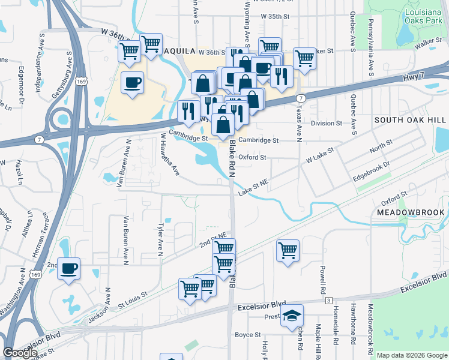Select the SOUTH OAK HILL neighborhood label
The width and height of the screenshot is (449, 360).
pos(411,120)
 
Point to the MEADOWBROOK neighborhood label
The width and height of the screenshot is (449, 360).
pos(411,212)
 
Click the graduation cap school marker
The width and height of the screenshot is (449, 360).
pos(292,315)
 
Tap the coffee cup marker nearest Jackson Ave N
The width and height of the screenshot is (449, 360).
pos(68,269)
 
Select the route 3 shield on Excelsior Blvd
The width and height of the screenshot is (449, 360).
pos(328,300)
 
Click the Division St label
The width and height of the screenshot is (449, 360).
pos(327,123)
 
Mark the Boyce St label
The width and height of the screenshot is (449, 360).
pos(248,334)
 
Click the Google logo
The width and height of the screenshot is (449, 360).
pos(20,353)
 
